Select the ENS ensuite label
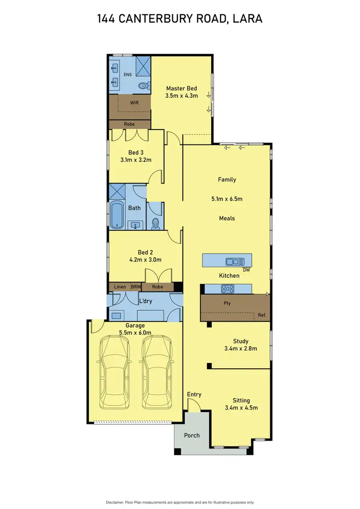[x=128, y=75]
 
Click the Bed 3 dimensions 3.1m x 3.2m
[x=136, y=160]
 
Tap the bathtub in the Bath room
[x=117, y=214]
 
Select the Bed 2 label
[x=145, y=252]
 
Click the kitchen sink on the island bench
[x=235, y=261]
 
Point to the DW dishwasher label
[x=246, y=270]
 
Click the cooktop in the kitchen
[x=227, y=289]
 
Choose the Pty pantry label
[x=228, y=303]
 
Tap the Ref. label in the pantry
[x=262, y=315]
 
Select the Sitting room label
[x=241, y=400]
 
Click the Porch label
[x=192, y=436]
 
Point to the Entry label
[x=194, y=394]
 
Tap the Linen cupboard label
[x=120, y=287]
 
